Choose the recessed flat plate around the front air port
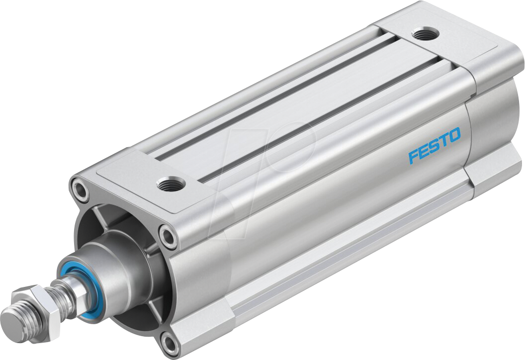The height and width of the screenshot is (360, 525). pyautogui.click(x=149, y=174)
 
